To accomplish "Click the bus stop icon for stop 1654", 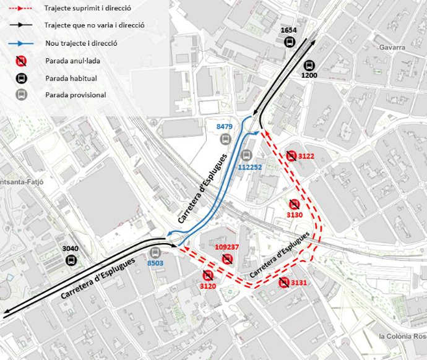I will (x=289, y=41).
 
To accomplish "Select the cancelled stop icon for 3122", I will (x=291, y=156).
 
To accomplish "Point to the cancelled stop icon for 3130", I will (x=295, y=204).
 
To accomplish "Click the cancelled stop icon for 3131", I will (x=283, y=283).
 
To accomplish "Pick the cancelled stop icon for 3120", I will (x=207, y=275).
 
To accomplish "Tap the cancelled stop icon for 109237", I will (x=227, y=259).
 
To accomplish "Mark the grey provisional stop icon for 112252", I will (x=247, y=155).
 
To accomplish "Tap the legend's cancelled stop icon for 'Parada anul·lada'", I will (x=21, y=61).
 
